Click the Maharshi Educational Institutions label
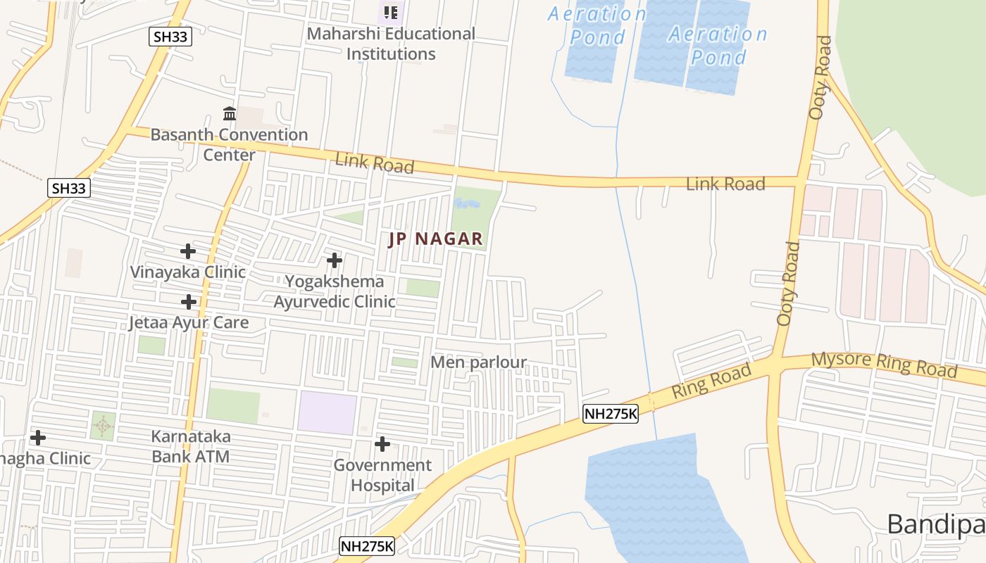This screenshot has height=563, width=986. point(392,44)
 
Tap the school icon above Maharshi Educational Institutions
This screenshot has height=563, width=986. point(391,12)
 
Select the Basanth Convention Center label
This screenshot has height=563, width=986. point(229,144)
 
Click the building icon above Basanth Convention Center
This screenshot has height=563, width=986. point(230,113)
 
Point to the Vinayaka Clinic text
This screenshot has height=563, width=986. point(188,272)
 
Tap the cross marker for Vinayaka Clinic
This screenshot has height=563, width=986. point(187,251)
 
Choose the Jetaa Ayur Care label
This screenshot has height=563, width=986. point(189,322)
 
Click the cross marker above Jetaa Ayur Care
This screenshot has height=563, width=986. point(188,302)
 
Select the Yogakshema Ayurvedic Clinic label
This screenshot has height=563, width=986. point(335,291)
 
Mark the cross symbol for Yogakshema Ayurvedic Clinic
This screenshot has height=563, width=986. point(335,261)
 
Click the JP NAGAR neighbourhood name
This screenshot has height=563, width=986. point(436,239)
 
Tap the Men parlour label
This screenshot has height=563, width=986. point(478,362)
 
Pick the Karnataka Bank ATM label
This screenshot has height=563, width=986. point(191,446)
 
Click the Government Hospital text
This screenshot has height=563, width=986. point(382,475)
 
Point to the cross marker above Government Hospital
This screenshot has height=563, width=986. point(382,444)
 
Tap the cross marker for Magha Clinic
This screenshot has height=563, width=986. point(38,438)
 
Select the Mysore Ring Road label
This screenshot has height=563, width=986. point(884,365)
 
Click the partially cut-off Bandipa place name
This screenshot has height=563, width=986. point(935,524)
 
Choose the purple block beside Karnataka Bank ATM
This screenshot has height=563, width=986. point(327,413)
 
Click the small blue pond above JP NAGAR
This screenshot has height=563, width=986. point(466,204)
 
